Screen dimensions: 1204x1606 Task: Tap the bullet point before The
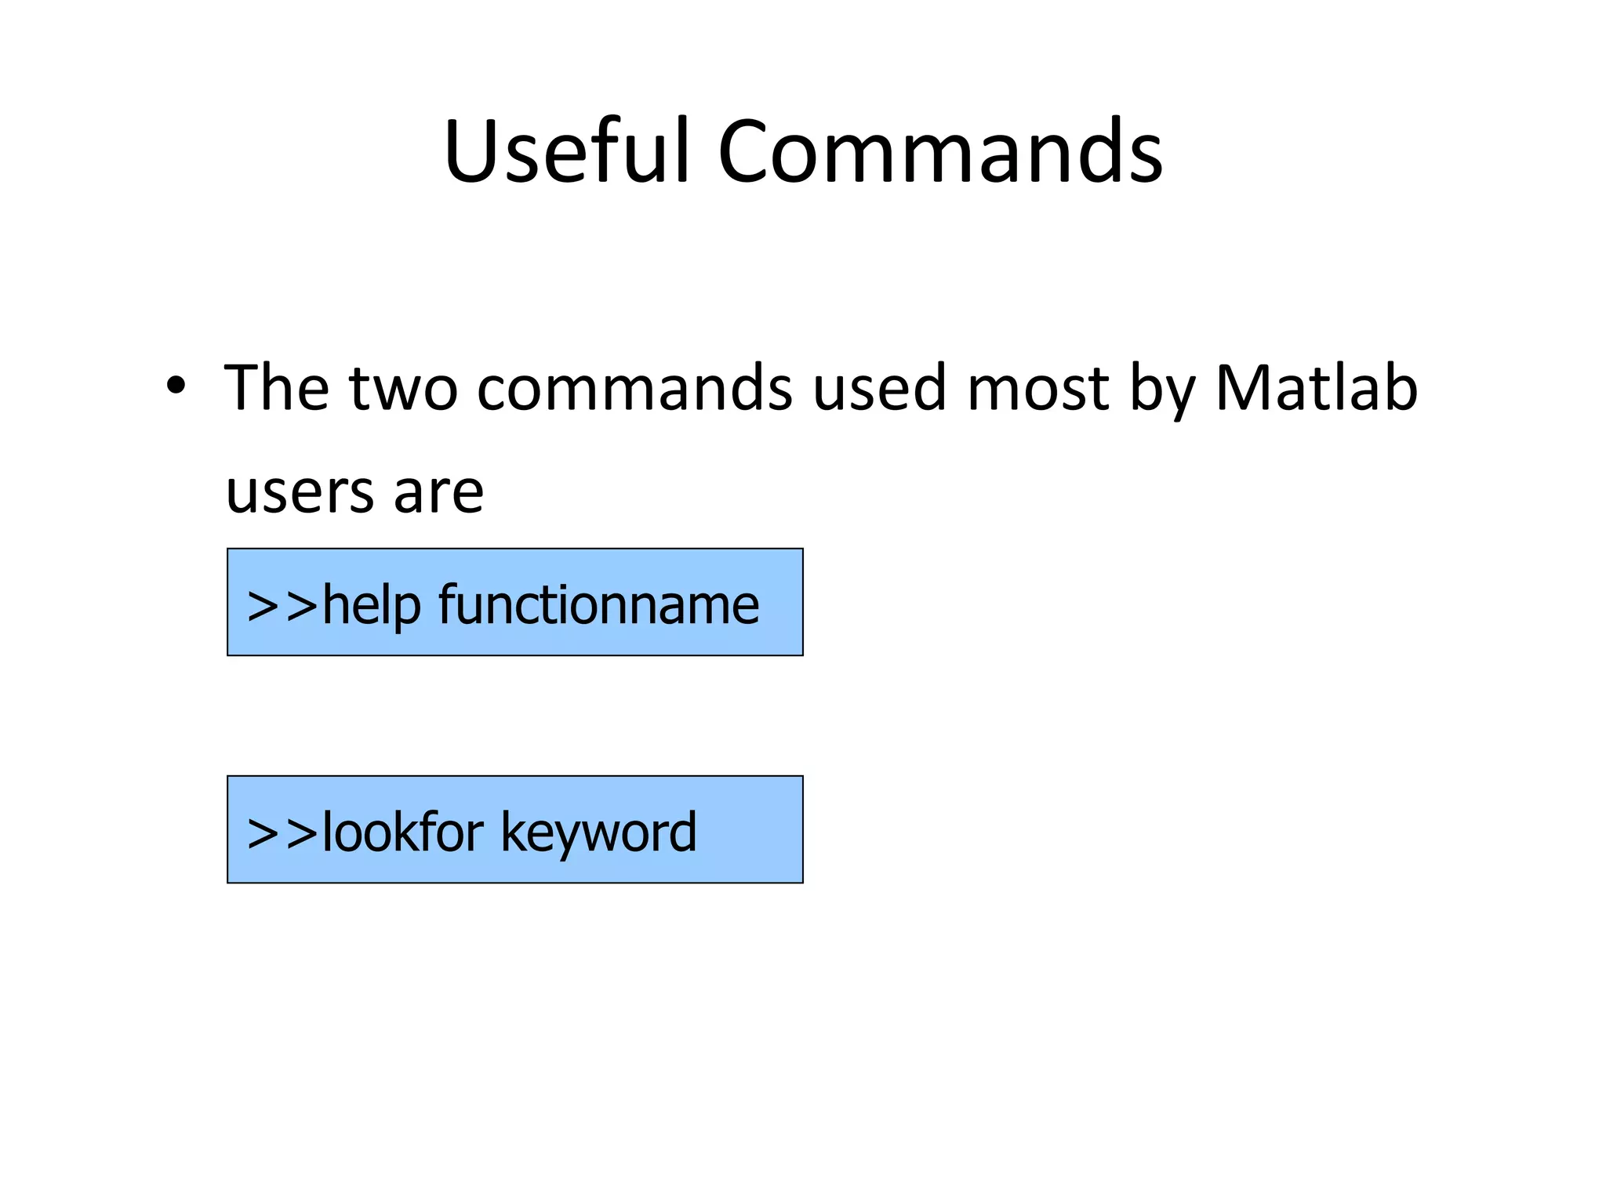pos(176,386)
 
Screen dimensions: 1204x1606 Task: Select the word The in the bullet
pos(276,386)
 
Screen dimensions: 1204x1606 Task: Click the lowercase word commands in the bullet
pos(634,388)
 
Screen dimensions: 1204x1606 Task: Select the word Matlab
pos(1317,386)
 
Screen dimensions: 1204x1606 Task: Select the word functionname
pos(598,605)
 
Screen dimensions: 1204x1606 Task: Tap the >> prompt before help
pos(282,605)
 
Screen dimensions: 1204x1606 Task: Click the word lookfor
pos(402,832)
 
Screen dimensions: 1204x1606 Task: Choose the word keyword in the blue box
pos(598,833)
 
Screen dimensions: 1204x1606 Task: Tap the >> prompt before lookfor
pos(282,832)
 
